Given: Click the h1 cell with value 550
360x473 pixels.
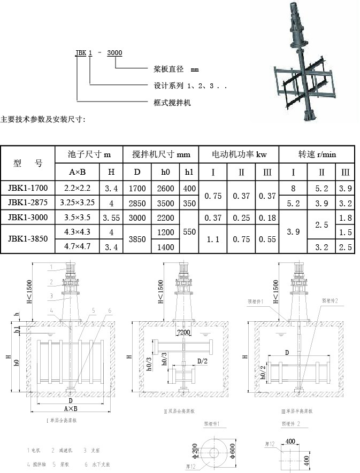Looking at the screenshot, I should pos(189,233).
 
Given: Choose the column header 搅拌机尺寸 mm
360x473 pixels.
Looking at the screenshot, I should pos(160,154).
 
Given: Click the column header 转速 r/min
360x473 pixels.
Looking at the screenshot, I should pos(317,154).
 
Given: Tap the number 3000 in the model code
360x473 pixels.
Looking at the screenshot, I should pos(114,52).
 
